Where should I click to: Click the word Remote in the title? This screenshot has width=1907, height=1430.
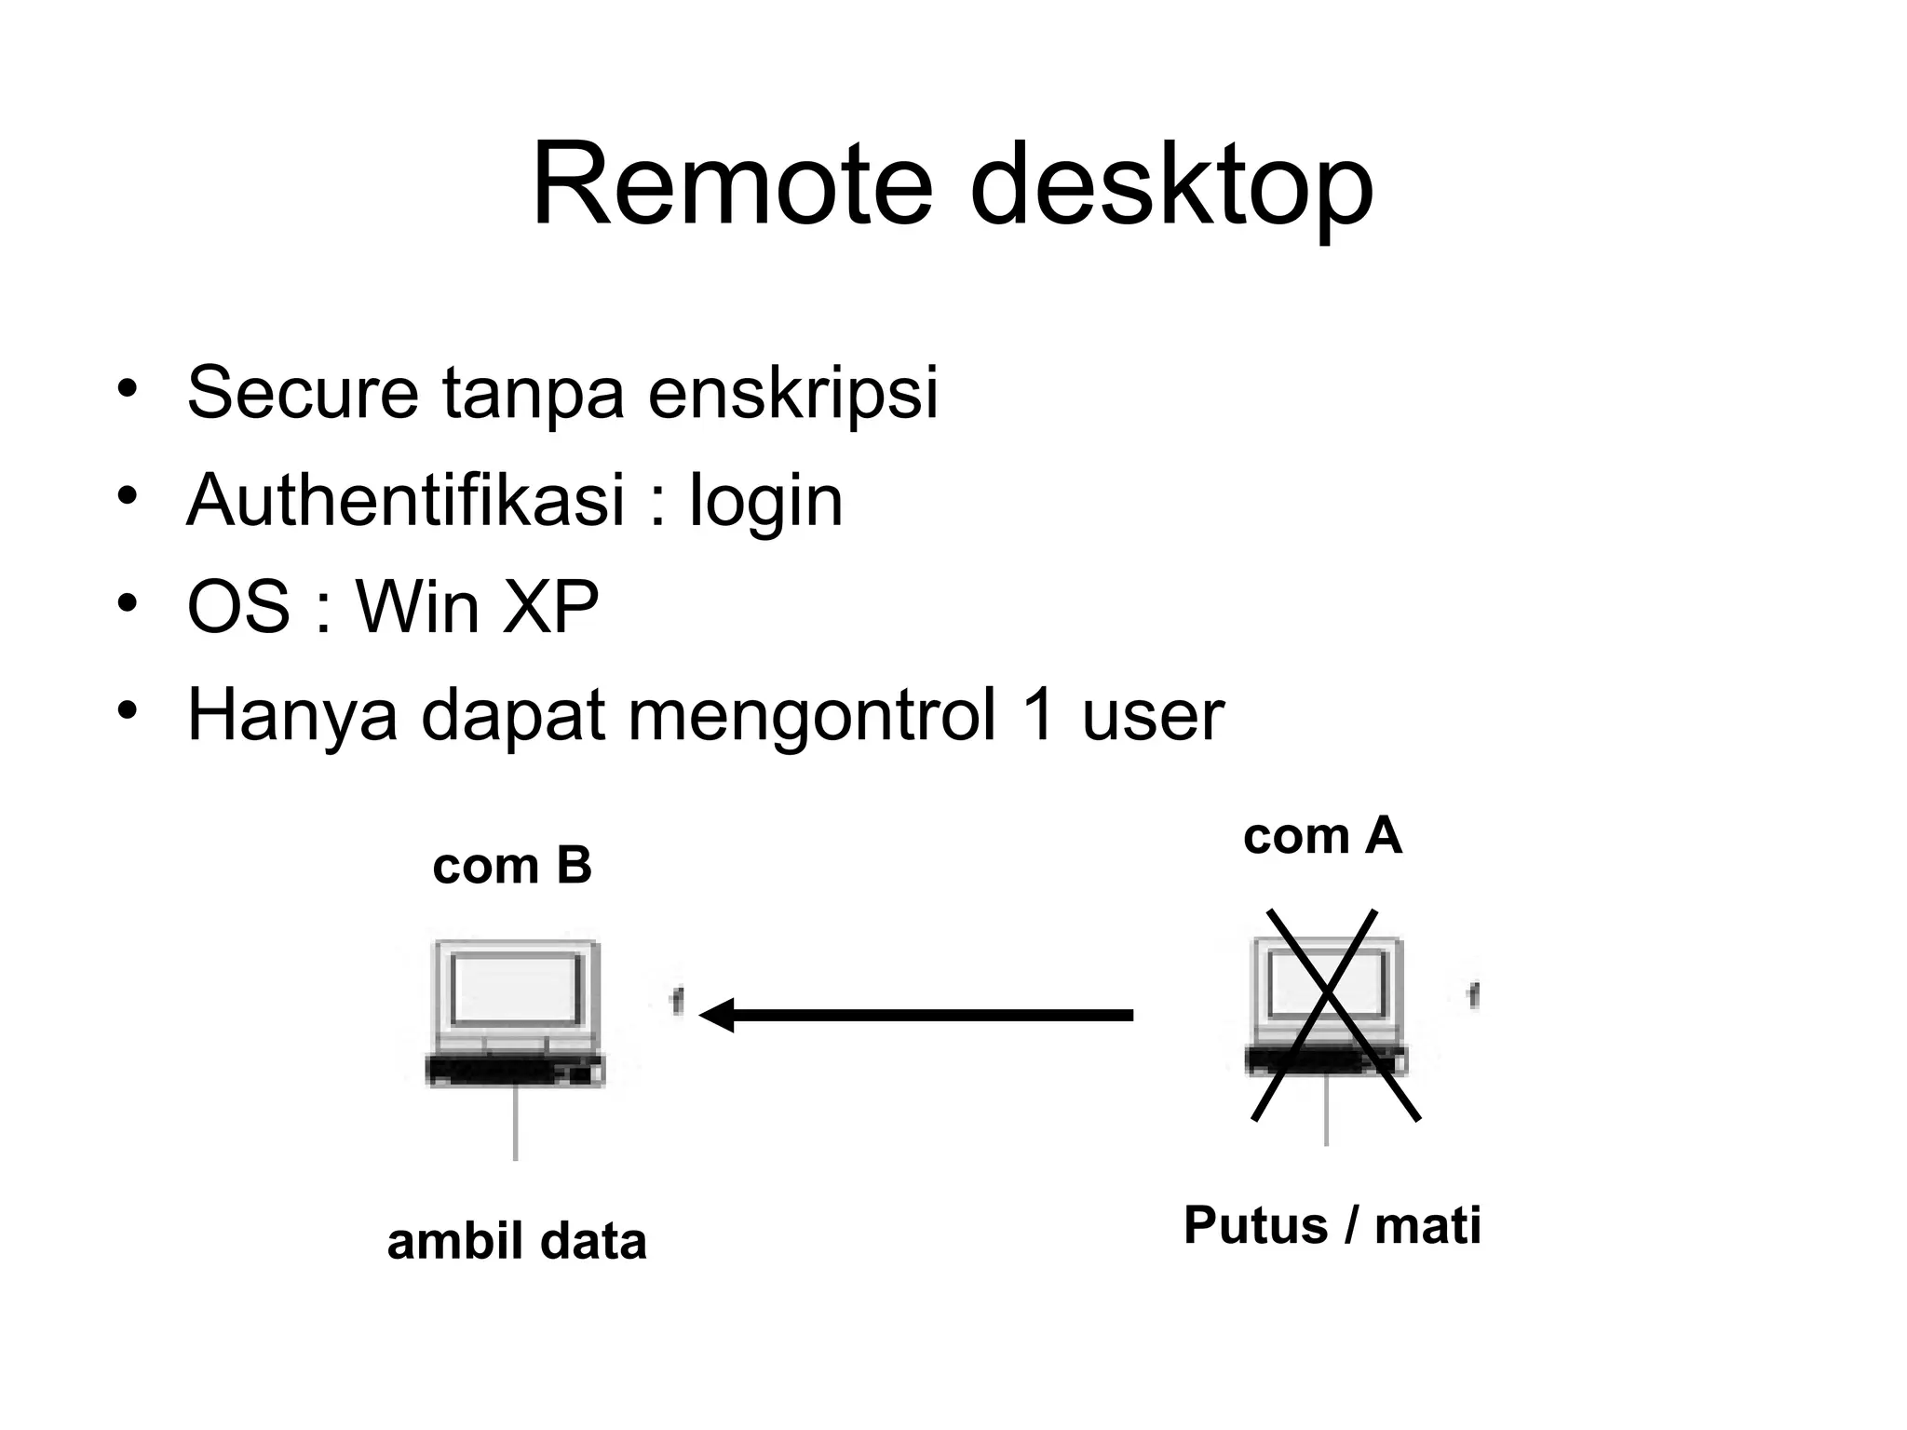tap(732, 184)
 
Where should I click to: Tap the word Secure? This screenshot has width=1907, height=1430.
tap(303, 393)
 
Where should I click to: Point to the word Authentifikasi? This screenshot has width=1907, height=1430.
tap(405, 500)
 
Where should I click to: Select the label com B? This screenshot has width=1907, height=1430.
tap(512, 866)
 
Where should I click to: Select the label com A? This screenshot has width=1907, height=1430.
tap(1322, 836)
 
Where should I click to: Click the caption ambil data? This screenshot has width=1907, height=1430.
tap(517, 1242)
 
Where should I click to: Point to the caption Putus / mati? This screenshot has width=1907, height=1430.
tap(1332, 1225)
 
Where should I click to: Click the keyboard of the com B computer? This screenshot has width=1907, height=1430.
tap(515, 1071)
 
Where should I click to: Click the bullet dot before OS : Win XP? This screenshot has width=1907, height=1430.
tap(128, 602)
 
